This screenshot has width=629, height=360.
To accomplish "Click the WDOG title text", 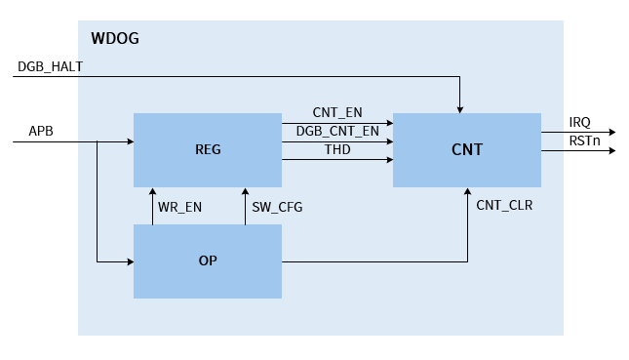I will [x=115, y=39].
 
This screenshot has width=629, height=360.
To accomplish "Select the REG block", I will [x=208, y=150].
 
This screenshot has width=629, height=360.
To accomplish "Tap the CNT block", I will [x=466, y=150].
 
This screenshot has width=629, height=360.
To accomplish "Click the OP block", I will [x=208, y=261].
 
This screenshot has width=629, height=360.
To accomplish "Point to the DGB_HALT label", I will [x=50, y=66].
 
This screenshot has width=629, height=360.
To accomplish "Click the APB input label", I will [x=41, y=131].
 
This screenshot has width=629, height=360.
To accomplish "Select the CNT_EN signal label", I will [x=337, y=113].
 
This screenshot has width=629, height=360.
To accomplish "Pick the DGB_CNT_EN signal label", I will [x=337, y=132].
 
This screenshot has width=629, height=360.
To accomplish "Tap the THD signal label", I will [x=337, y=150].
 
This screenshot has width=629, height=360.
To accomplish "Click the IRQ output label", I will [x=580, y=122].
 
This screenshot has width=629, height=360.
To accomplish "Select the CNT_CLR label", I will [x=504, y=206].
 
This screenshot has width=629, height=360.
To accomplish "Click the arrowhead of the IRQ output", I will [x=610, y=132].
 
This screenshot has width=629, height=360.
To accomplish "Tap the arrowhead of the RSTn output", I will [x=610, y=150].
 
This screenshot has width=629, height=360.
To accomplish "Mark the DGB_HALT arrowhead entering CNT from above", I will [x=458, y=108].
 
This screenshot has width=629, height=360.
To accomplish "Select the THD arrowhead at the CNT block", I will [x=388, y=159].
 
